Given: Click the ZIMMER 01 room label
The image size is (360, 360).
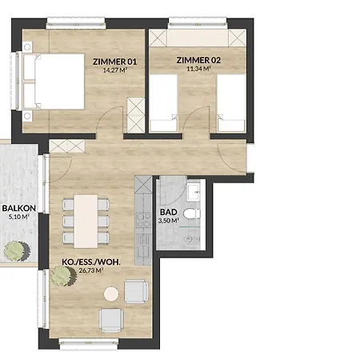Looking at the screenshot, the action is (114, 62).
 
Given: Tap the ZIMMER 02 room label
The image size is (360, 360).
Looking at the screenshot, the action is (198, 60).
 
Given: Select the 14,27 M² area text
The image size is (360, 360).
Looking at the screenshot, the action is (114, 70).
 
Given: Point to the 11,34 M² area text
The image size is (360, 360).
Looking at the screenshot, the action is (198, 69).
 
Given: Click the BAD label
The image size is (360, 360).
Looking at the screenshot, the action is (169, 212).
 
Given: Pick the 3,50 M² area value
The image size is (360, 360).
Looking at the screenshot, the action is (169, 221).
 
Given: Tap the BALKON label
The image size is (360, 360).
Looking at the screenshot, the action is (19, 208).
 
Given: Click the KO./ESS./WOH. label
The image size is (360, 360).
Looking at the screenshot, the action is (91, 262).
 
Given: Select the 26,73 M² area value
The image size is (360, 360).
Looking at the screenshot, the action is (91, 270).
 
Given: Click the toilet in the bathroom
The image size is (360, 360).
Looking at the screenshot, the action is (192, 214).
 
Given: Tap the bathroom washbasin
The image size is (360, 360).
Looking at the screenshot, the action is (194, 192).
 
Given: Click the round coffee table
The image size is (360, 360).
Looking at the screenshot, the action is (111, 294).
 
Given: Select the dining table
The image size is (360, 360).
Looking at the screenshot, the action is (86, 222).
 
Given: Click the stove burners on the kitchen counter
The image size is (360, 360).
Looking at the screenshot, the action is (143, 220).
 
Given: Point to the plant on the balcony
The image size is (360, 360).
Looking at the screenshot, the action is (17, 251).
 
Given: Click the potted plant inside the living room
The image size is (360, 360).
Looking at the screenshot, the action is (64, 276).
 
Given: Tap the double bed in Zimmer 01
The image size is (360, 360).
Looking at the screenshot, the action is (54, 82).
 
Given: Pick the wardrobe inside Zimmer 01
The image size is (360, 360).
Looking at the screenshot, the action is (136, 115).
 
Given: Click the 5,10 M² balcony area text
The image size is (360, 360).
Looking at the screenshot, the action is (19, 217).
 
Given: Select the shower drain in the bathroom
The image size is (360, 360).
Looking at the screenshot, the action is (189, 238).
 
